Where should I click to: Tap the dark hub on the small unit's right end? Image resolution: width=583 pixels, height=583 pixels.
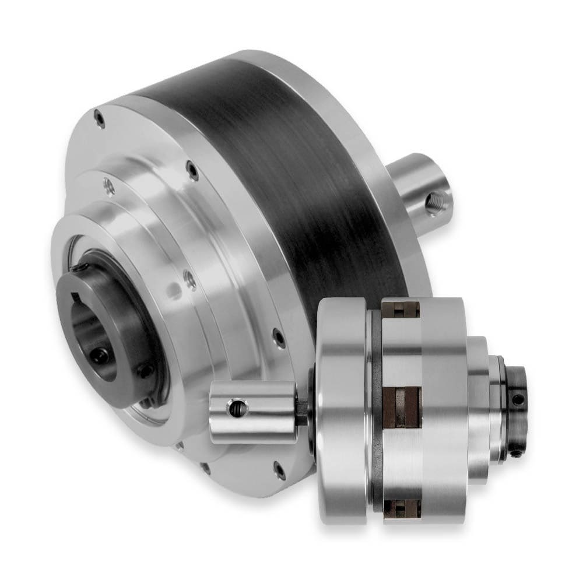(515, 411)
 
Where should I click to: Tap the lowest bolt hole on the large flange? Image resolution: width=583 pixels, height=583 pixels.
(279, 470)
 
